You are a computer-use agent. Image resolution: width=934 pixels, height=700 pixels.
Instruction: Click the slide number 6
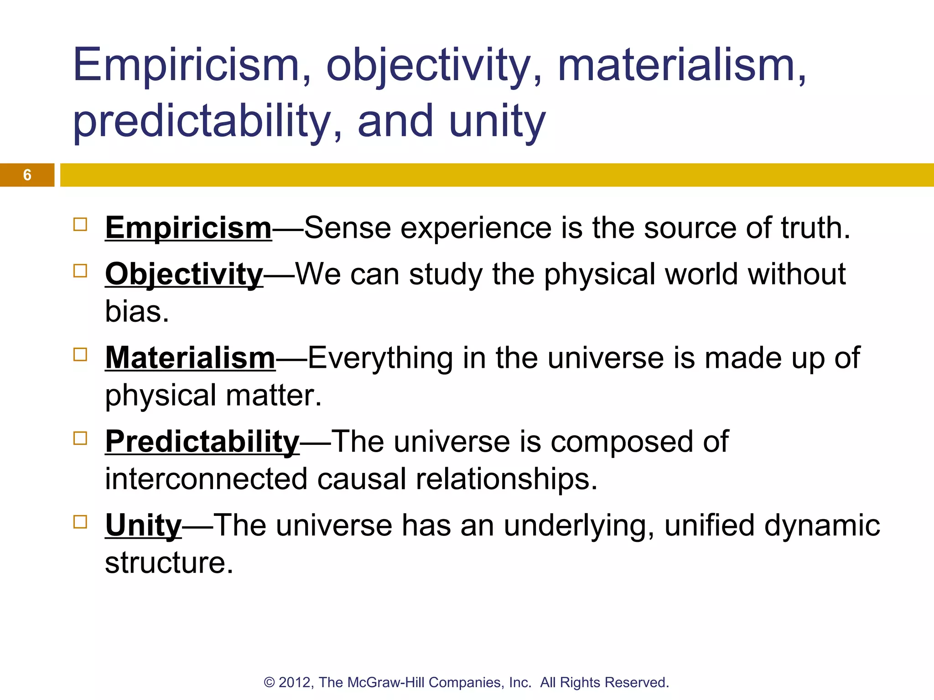(x=27, y=175)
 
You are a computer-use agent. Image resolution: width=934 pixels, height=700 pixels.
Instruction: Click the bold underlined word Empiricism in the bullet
(x=188, y=227)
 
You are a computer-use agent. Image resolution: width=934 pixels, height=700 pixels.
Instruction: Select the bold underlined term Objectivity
(x=184, y=274)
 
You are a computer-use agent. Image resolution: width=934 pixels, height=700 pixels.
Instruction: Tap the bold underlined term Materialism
(x=190, y=358)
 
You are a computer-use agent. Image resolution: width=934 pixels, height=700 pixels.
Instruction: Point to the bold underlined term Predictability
(x=202, y=442)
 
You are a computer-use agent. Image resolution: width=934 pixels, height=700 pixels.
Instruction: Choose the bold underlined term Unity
(x=143, y=525)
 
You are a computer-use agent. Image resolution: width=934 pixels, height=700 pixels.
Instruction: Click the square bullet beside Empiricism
(x=80, y=225)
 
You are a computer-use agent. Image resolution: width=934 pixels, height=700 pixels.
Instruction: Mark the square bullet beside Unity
(x=80, y=522)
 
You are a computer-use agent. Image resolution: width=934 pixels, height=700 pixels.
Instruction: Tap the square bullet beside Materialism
(x=80, y=355)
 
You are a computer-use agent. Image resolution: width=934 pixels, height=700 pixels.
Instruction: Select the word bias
(x=136, y=312)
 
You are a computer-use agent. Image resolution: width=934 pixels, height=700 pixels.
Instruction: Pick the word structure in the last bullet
(x=169, y=562)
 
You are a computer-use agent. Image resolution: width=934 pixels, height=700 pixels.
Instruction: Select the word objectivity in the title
(x=434, y=66)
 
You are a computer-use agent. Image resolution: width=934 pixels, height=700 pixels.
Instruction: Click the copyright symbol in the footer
(x=269, y=683)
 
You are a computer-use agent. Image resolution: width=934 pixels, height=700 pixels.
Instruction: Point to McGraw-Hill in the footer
(x=386, y=683)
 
